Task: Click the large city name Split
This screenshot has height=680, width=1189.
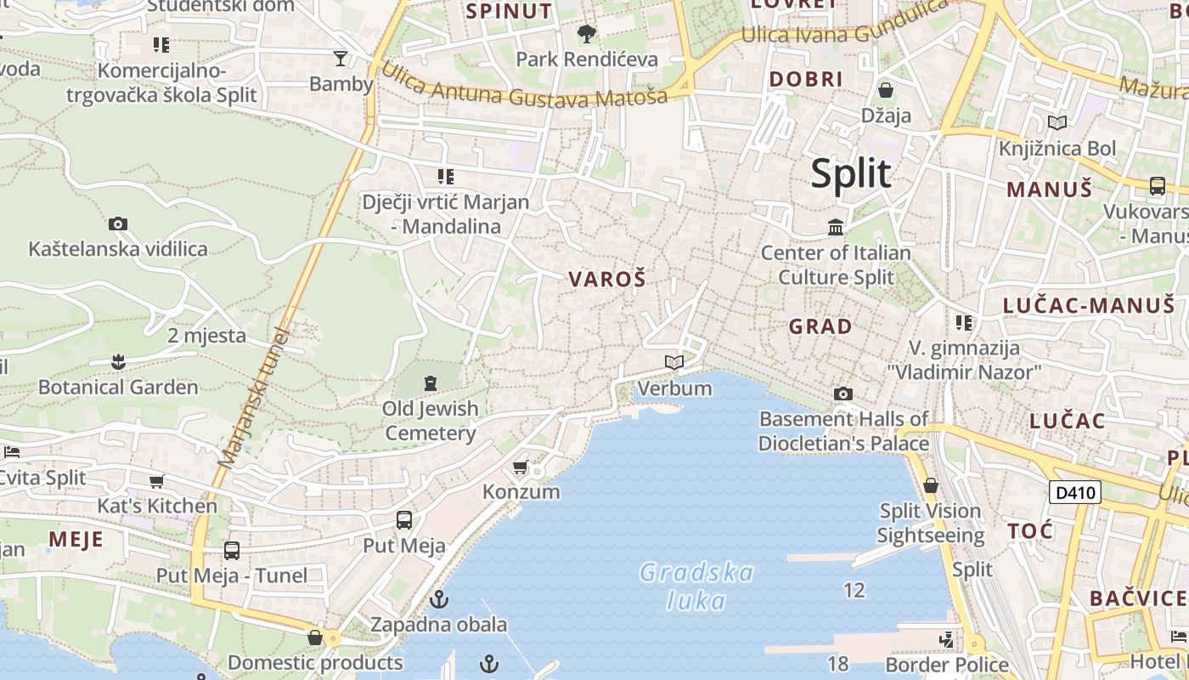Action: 851,173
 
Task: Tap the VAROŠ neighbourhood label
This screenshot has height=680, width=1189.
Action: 607,279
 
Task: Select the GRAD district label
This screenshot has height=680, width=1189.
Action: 820,326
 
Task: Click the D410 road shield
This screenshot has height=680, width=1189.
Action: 1075,492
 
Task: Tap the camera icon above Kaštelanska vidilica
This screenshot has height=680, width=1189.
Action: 118,224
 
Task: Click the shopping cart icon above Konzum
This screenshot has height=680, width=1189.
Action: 521,467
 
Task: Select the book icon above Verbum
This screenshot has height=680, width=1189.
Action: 674,363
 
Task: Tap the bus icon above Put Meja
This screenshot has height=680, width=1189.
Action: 404,520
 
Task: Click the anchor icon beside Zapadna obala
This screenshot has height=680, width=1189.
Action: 439,600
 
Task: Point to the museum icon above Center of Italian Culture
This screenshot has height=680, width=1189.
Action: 836,228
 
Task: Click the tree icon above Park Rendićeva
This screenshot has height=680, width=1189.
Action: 586,35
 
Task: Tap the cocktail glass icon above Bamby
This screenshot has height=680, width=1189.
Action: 341,59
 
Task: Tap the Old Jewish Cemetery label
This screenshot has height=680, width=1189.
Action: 431,421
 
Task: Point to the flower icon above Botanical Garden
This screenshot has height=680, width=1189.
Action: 118,363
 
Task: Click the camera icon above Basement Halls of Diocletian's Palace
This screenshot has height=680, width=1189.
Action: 843,394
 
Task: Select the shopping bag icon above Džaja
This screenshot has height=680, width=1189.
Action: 886,90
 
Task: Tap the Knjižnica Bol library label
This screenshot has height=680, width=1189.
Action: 1057,149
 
